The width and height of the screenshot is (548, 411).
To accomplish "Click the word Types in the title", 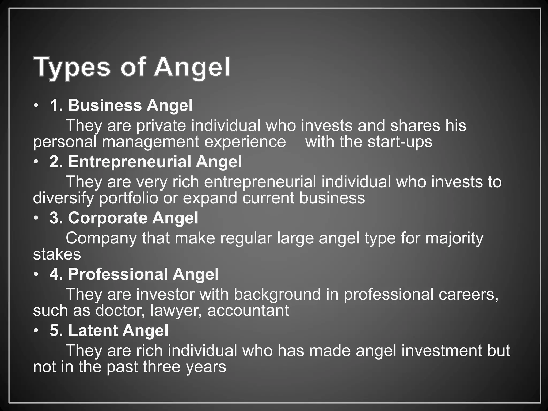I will coord(72,67).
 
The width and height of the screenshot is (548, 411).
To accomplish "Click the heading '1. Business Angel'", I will coord(121,105).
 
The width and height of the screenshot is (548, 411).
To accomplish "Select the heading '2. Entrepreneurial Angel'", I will coord(146,162).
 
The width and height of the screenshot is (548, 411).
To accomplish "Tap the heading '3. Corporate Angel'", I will coord(124,218).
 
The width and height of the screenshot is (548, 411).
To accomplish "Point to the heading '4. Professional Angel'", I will coord(134,274).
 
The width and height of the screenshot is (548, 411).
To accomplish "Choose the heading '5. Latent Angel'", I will coord(109,330).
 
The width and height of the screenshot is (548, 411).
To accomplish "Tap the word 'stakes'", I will coord(57,254).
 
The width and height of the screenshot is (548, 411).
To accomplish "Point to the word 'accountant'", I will coord(248,311).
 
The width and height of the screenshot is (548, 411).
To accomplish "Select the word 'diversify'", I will coord(63,198).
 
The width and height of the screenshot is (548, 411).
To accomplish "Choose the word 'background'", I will coord(277,294).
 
